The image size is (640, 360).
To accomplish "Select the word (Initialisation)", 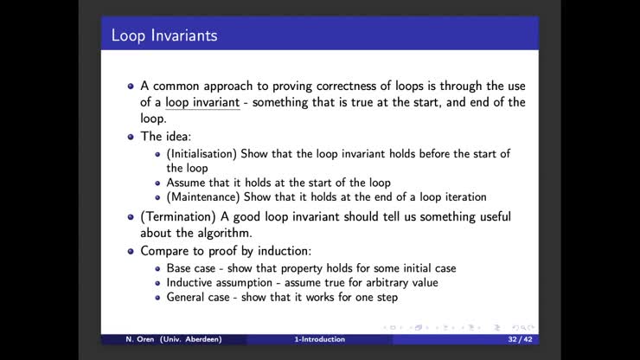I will [202, 153].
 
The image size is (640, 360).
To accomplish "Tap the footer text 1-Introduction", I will [319, 339].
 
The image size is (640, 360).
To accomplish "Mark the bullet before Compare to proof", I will [131, 251].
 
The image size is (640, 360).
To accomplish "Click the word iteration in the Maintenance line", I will [462, 196].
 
